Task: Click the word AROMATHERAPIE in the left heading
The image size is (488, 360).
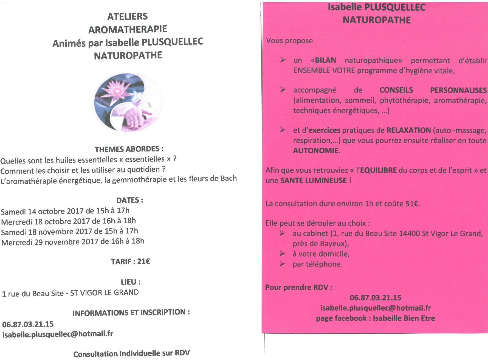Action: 128,29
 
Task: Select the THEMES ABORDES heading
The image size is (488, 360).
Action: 129,149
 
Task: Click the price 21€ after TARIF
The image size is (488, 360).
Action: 143,261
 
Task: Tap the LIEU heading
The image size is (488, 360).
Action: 131,282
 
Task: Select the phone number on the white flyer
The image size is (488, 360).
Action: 28,324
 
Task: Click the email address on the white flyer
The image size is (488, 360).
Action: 58,334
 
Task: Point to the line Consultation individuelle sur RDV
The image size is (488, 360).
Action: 131,353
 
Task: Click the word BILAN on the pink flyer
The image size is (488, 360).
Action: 325,60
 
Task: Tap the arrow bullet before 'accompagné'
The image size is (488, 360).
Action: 283,90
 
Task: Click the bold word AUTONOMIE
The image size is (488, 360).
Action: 315,150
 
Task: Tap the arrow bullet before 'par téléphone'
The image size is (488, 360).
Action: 282,264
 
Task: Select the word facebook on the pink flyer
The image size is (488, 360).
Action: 351,318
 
